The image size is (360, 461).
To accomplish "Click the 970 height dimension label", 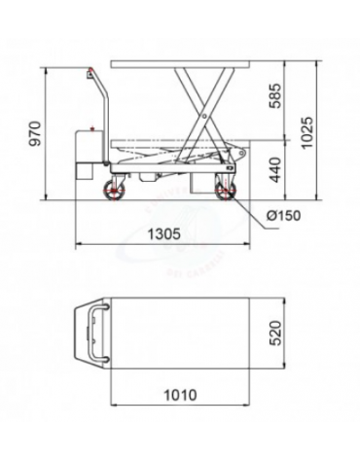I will point(36,133).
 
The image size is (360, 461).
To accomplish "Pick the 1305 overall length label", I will point(161,233).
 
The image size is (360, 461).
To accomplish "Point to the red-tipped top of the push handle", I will point(89,72).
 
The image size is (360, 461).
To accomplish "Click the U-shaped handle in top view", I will point(93,332).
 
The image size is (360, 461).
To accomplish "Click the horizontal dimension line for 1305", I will point(161,247).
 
